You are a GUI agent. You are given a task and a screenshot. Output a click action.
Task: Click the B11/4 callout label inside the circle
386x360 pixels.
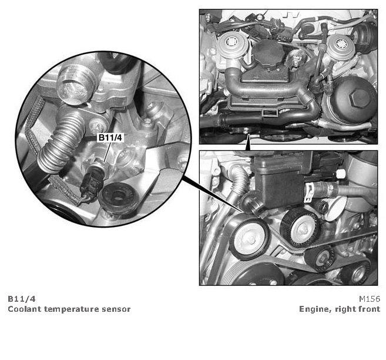(x=110, y=138)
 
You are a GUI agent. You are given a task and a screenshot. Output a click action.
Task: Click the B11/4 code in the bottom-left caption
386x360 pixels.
(x=22, y=299)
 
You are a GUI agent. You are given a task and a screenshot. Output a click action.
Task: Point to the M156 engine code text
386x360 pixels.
(x=370, y=299)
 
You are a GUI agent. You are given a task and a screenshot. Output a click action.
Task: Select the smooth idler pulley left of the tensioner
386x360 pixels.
(x=249, y=237)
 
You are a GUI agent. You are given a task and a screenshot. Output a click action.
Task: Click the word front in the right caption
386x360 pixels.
(x=370, y=309)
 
